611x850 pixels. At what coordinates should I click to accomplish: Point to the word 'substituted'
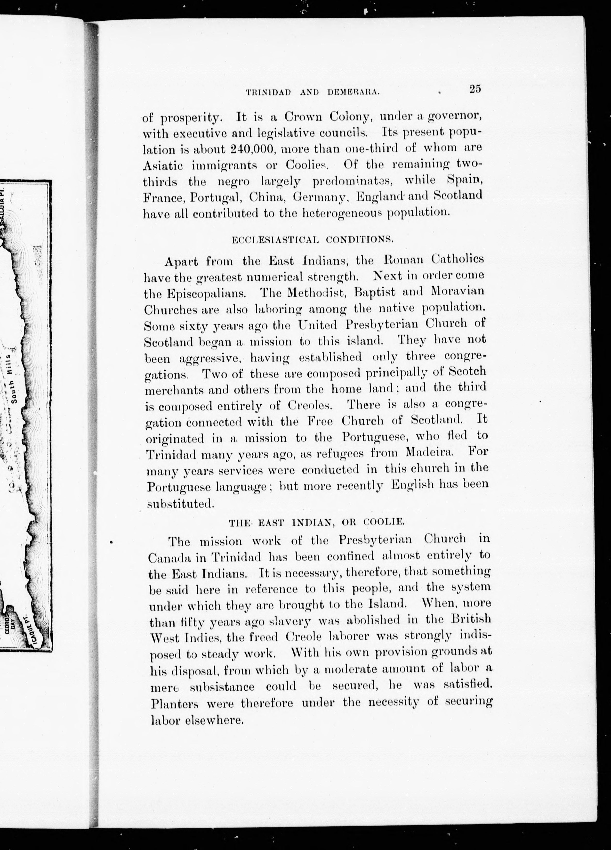[180, 504]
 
